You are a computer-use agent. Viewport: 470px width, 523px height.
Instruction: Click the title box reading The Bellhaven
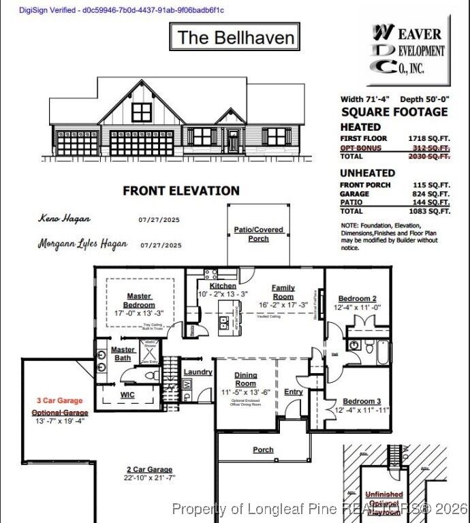[x=234, y=37]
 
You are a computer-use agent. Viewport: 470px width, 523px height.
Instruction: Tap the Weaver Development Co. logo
[x=409, y=52]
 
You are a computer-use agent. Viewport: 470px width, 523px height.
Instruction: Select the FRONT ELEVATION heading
[x=181, y=191]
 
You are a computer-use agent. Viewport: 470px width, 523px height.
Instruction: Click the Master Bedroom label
[x=139, y=300]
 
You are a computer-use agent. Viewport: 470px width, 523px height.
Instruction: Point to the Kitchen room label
[x=223, y=286]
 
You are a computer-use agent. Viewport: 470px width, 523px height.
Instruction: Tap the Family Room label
[x=283, y=292]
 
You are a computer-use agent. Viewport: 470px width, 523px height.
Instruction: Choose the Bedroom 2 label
[x=358, y=298]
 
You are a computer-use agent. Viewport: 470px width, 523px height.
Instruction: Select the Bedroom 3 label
[x=362, y=401]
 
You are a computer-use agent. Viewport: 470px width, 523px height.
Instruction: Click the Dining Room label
[x=246, y=379]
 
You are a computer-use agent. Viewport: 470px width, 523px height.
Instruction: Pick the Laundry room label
[x=198, y=372]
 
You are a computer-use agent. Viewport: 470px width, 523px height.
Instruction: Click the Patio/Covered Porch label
[x=258, y=234]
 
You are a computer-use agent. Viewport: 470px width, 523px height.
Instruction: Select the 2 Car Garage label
[x=149, y=469]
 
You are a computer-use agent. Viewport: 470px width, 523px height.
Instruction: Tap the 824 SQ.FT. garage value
[x=430, y=193]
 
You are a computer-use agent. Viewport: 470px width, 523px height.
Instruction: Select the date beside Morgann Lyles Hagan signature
[x=161, y=245]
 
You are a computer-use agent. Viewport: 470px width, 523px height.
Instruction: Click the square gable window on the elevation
[x=142, y=112]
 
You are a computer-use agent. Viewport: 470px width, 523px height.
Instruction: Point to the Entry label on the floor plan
[x=294, y=392]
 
